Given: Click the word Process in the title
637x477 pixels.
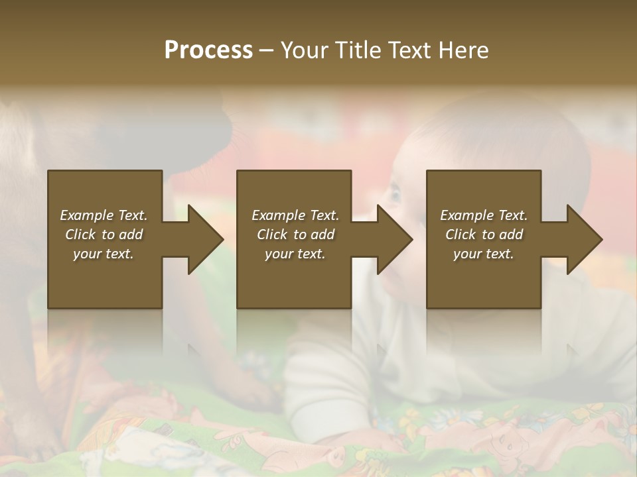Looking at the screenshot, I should pyautogui.click(x=208, y=50).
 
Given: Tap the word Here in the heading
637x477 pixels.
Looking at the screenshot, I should pyautogui.click(x=464, y=50).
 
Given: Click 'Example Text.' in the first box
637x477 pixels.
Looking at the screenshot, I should pyautogui.click(x=104, y=215).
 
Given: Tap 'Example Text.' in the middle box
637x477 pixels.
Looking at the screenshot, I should pyautogui.click(x=295, y=215).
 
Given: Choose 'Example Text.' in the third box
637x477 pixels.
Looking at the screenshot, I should pyautogui.click(x=484, y=215).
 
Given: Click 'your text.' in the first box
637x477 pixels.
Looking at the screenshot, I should pyautogui.click(x=104, y=254).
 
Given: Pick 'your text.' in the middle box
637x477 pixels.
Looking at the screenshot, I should pyautogui.click(x=295, y=254).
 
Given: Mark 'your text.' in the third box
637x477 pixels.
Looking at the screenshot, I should pyautogui.click(x=484, y=254).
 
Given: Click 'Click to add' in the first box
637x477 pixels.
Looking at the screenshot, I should pyautogui.click(x=104, y=235).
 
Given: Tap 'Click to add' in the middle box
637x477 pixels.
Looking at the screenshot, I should pyautogui.click(x=295, y=235).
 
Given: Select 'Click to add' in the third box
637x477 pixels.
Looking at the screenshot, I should pyautogui.click(x=484, y=235).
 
